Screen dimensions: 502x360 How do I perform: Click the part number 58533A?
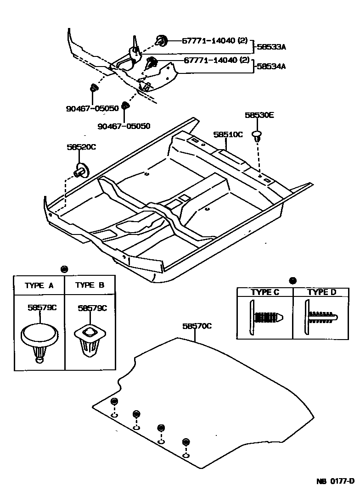271,47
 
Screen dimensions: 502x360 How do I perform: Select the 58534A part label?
271,66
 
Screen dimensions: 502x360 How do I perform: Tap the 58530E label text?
259,116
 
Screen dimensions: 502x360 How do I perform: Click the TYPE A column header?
39,285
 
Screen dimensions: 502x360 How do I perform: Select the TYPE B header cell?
90,285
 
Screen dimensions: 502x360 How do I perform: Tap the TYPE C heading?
265,292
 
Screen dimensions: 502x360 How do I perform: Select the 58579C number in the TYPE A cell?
42,308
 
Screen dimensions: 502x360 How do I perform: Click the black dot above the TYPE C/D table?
293,281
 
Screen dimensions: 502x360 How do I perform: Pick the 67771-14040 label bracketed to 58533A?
210,41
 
